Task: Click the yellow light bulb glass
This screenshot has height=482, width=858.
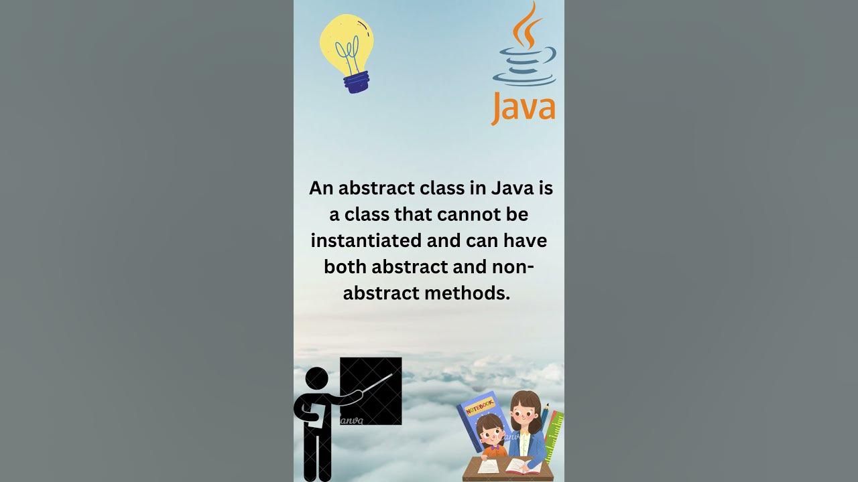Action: (346, 44)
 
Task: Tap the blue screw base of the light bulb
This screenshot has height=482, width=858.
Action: (356, 82)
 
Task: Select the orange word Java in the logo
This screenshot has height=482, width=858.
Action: (523, 108)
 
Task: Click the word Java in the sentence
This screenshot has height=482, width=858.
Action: (512, 188)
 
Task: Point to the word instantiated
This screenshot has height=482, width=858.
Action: (365, 240)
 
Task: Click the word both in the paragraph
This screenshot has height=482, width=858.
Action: (345, 266)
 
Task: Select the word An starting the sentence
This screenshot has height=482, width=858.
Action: (321, 188)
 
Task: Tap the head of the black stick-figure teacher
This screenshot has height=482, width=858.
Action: (317, 378)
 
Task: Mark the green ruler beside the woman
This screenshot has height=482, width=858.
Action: (554, 435)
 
